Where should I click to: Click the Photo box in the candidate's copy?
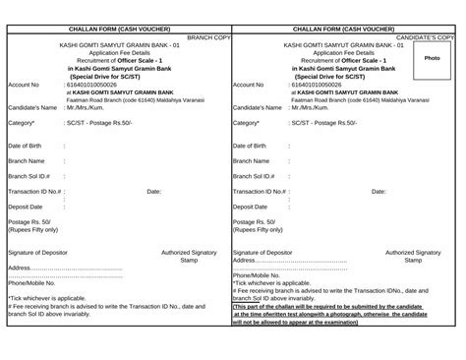pos(432,58)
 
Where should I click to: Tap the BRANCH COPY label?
pos(206,36)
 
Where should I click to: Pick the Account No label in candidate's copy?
pos(250,85)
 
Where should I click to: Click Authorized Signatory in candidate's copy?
pos(413,253)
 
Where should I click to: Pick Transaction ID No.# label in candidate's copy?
pos(262,192)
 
